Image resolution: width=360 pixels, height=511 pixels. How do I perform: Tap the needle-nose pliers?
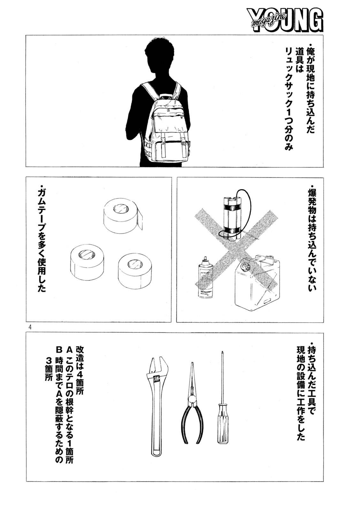point(191,409)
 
